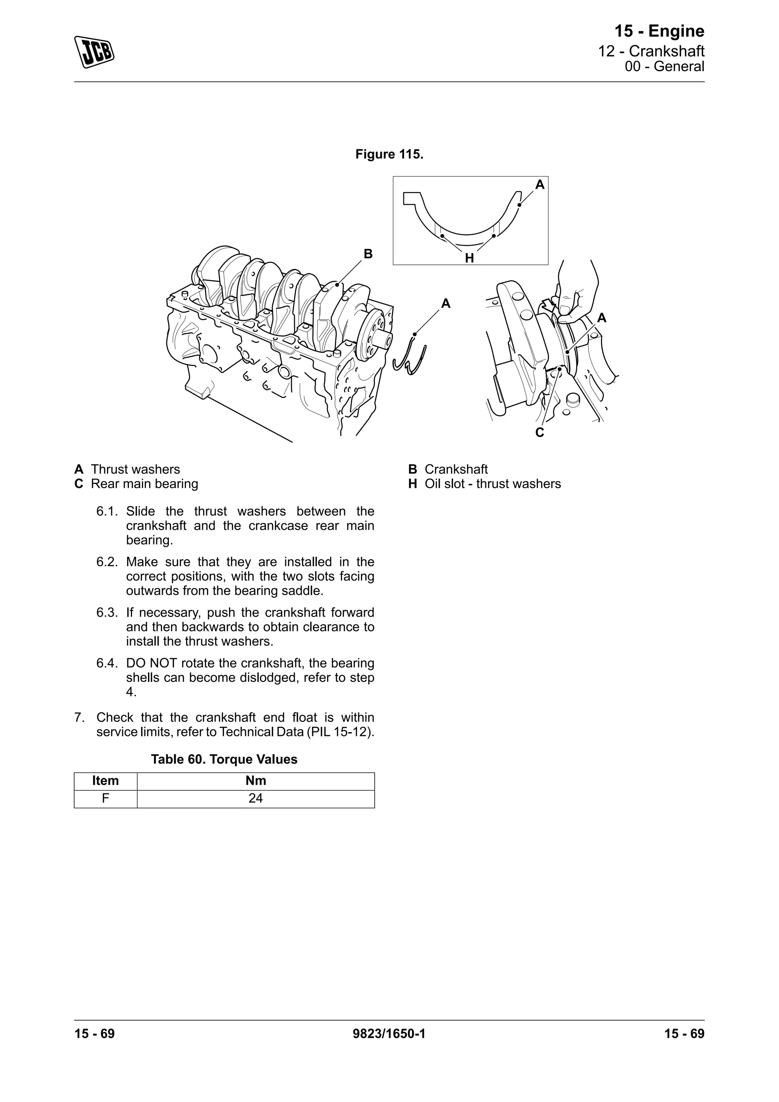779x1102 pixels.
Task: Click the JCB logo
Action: click(x=94, y=52)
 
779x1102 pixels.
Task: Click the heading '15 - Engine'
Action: click(x=659, y=31)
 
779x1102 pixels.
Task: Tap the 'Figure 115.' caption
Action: click(x=389, y=154)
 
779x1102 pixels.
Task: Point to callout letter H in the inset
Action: click(x=469, y=258)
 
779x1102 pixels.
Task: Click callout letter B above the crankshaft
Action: click(x=368, y=254)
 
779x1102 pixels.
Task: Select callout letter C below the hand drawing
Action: click(x=540, y=432)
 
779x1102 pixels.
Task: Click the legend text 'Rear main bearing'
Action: click(x=145, y=483)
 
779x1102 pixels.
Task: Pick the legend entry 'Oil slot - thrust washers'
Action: click(x=492, y=483)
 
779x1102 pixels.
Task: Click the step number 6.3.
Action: click(x=107, y=612)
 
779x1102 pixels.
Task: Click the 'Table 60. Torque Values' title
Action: click(x=224, y=759)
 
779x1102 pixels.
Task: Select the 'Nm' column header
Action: click(x=255, y=780)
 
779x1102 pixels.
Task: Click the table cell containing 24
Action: click(x=255, y=798)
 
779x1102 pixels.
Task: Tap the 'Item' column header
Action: click(x=105, y=780)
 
